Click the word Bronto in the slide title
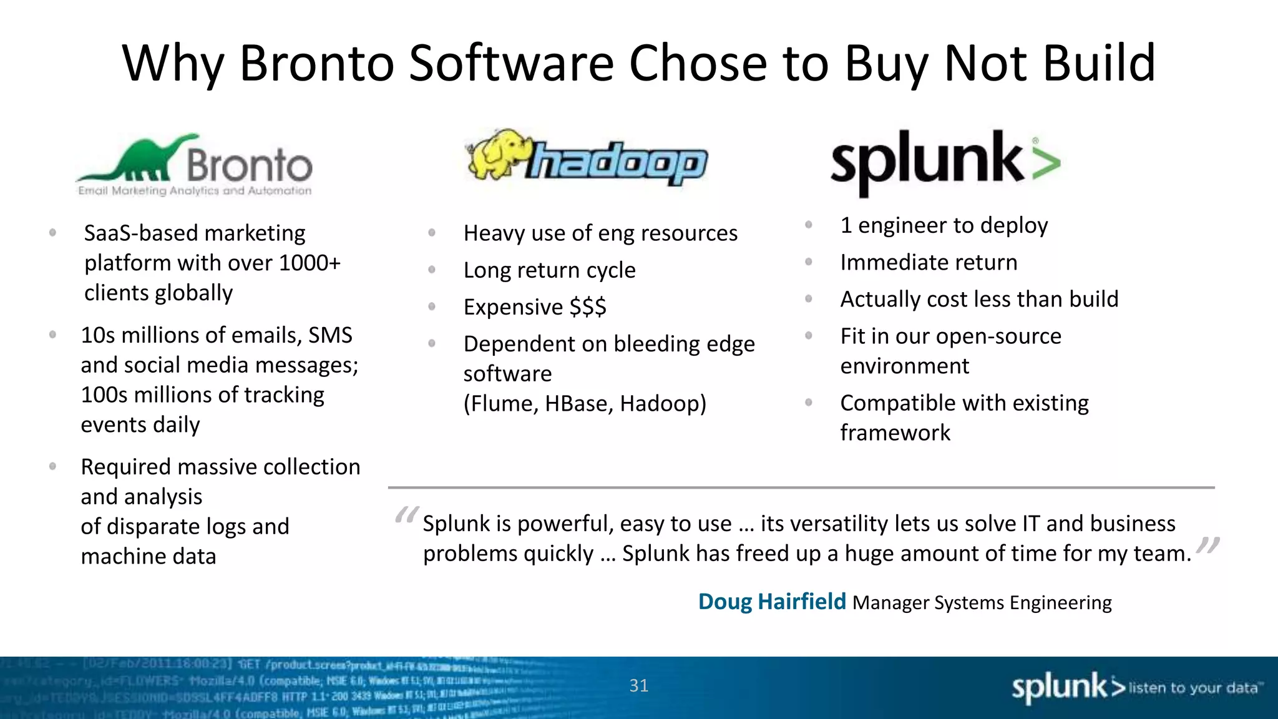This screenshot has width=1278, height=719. click(316, 63)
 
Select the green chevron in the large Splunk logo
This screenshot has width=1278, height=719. click(1046, 163)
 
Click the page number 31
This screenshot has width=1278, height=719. click(638, 685)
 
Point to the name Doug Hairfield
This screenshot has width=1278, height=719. click(771, 602)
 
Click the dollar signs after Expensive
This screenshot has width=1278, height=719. click(587, 307)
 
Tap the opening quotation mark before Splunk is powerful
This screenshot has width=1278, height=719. click(406, 516)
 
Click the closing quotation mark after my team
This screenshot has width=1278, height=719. click(1208, 546)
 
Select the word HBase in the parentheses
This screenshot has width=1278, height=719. click(578, 404)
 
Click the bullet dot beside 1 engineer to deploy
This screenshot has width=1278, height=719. click(808, 225)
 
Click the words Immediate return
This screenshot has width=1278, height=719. click(928, 262)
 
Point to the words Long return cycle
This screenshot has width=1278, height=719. click(549, 270)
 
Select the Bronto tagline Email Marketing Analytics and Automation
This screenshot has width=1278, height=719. click(194, 191)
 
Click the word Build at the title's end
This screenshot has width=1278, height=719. click(1099, 63)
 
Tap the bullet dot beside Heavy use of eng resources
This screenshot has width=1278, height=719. click(431, 233)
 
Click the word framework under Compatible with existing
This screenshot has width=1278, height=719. click(895, 433)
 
